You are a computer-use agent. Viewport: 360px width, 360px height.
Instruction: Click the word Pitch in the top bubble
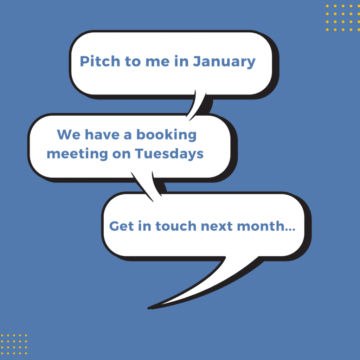coord(100,61)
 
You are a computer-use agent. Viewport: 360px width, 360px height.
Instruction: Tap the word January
coord(224,62)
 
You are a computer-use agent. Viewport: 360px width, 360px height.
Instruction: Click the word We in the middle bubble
coord(69,135)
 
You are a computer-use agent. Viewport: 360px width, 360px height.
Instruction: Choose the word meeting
coord(77,154)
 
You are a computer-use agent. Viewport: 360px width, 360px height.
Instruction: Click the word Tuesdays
coord(169,154)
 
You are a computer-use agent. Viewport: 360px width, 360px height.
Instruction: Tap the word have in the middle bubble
coord(102,135)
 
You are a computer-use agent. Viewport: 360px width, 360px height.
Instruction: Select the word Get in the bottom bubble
coord(121,226)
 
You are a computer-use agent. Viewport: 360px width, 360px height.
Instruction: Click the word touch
coord(176,226)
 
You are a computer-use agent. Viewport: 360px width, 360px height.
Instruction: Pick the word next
coord(217,226)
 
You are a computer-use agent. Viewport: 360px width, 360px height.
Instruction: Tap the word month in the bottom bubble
coord(261,226)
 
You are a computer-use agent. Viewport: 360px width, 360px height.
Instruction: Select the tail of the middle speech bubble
coord(147,186)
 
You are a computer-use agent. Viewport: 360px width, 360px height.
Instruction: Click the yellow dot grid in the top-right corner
coord(343,18)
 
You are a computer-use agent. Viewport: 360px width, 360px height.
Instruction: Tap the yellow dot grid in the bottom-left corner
coord(14,345)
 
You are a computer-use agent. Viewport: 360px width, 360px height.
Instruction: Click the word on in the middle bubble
coord(121,155)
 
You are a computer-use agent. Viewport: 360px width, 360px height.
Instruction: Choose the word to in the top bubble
coord(133,62)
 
